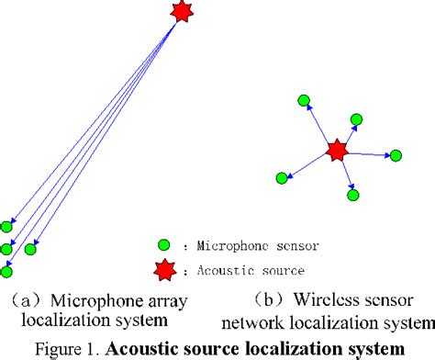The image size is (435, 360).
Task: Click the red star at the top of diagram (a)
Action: (x=181, y=11)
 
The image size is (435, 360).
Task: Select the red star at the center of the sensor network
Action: (x=337, y=149)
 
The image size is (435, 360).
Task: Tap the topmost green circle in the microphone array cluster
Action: (x=7, y=226)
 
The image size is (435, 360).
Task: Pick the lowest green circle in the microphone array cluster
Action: (x=7, y=271)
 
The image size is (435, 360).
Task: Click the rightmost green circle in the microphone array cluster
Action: (x=30, y=249)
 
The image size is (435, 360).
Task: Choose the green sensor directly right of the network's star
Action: (x=395, y=155)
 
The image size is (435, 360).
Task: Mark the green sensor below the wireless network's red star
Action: (x=352, y=195)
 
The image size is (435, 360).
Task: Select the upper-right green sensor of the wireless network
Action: (x=356, y=118)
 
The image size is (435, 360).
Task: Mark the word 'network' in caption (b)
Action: (x=276, y=321)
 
